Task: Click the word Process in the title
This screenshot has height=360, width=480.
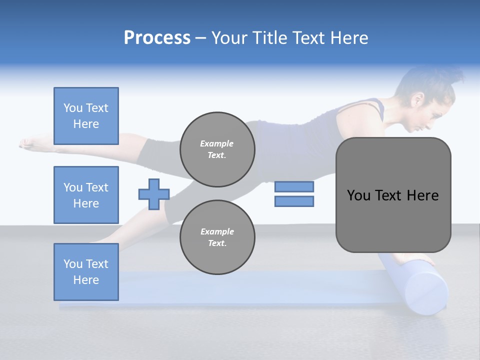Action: pyautogui.click(x=157, y=38)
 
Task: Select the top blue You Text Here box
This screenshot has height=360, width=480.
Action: pyautogui.click(x=86, y=116)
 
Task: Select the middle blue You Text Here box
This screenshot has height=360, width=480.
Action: pyautogui.click(x=86, y=195)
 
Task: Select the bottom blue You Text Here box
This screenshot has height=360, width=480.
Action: pyautogui.click(x=86, y=272)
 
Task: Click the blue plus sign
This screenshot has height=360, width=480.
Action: pyautogui.click(x=154, y=194)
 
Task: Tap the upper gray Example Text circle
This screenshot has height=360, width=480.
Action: pyautogui.click(x=217, y=149)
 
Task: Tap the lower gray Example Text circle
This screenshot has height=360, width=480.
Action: pyautogui.click(x=217, y=237)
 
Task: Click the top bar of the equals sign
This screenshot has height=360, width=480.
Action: pyautogui.click(x=294, y=187)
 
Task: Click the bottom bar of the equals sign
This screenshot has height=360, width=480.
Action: pyautogui.click(x=294, y=201)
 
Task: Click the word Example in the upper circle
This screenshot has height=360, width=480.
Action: pyautogui.click(x=217, y=143)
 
